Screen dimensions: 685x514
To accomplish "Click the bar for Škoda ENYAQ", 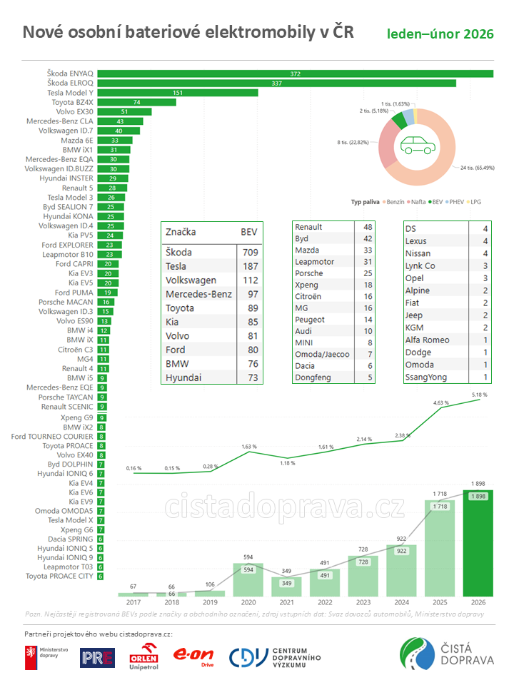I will click(x=296, y=73).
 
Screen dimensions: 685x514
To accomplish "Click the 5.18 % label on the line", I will click(x=479, y=395).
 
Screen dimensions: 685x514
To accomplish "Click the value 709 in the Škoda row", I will click(x=250, y=253).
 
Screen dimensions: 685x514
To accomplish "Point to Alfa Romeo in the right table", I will click(x=428, y=340).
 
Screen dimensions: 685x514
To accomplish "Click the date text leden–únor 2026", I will click(x=440, y=34).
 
